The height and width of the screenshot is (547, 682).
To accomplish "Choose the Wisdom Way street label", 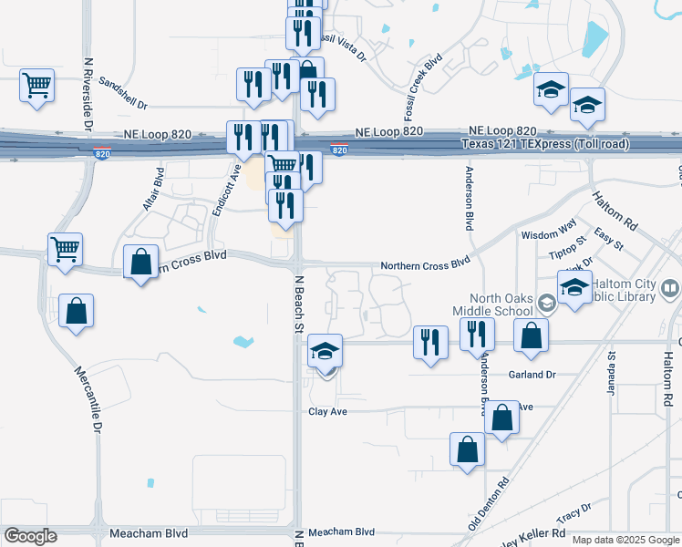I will pyautogui.click(x=549, y=234).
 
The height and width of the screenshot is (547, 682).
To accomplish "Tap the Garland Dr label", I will pyautogui.click(x=532, y=375).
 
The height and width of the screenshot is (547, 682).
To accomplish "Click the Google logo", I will pyautogui.click(x=30, y=536).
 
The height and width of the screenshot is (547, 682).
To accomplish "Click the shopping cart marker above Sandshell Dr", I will pyautogui.click(x=37, y=87).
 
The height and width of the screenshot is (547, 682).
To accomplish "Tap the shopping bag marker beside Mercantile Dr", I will pyautogui.click(x=77, y=311).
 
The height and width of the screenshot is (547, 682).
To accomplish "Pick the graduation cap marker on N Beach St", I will pyautogui.click(x=325, y=352).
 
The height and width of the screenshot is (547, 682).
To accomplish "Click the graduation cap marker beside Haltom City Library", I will pyautogui.click(x=575, y=288).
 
